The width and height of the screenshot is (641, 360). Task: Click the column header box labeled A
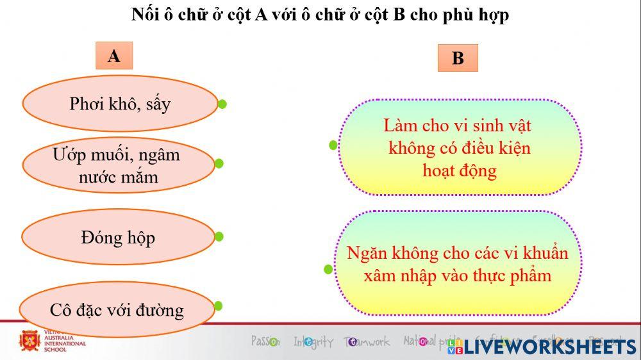pyautogui.click(x=113, y=56)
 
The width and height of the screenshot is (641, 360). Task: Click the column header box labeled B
pyautogui.click(x=458, y=58)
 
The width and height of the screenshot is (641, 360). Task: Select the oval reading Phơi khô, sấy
pyautogui.click(x=120, y=104)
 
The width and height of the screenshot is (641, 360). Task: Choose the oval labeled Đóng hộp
pyautogui.click(x=118, y=238)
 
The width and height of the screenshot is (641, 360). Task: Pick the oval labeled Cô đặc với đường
pyautogui.click(x=117, y=310)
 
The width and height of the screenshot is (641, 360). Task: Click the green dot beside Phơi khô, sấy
pyautogui.click(x=222, y=104)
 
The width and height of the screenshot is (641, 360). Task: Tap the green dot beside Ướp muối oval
pyautogui.click(x=219, y=163)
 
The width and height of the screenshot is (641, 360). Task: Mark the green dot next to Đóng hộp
pyautogui.click(x=219, y=236)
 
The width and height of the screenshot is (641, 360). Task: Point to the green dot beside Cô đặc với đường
pyautogui.click(x=218, y=306)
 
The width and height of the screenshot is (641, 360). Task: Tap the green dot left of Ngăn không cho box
pyautogui.click(x=328, y=270)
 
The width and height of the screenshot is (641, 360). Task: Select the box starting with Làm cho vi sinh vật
pyautogui.click(x=459, y=147)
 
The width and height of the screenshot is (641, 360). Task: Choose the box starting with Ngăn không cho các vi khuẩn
pyautogui.click(x=458, y=264)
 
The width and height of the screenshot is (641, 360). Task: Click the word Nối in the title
pyautogui.click(x=145, y=14)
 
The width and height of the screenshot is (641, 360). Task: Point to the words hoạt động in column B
pyautogui.click(x=459, y=171)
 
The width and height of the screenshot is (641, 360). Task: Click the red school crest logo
pyautogui.click(x=29, y=340)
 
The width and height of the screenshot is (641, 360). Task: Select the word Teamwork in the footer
pyautogui.click(x=367, y=341)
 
